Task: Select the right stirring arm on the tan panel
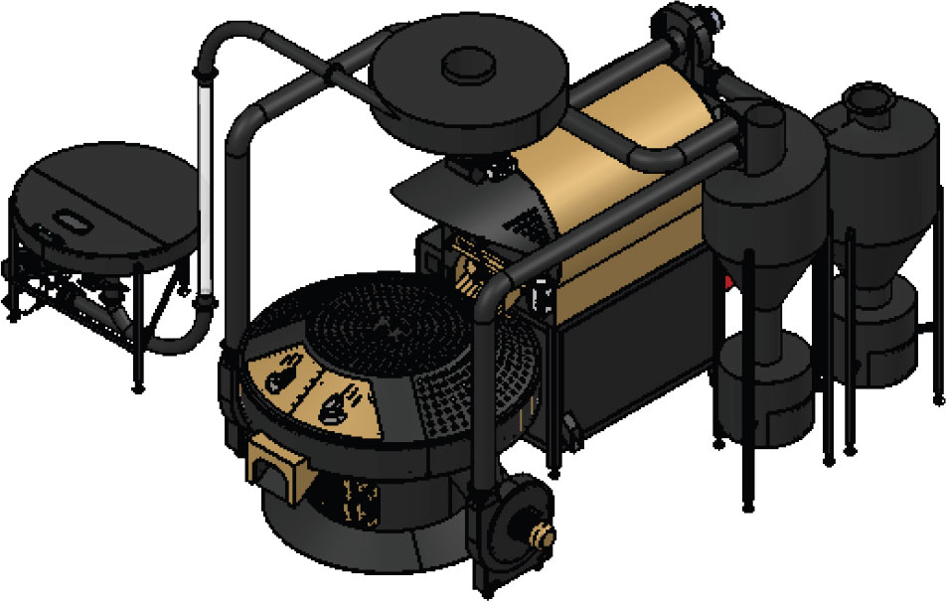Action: [x=338, y=402]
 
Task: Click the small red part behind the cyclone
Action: [x=733, y=284]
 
